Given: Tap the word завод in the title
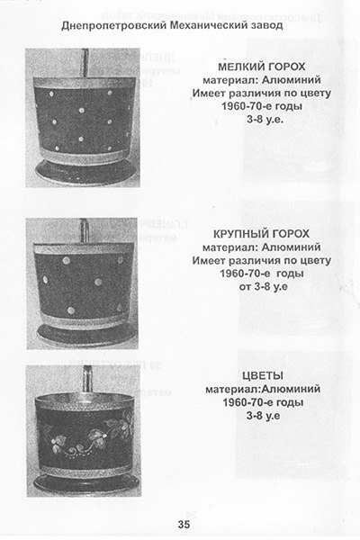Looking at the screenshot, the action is pos(266,25).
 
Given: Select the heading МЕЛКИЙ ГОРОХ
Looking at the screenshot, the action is pos(262,67).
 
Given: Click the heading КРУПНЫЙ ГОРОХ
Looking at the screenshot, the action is pos(262,234).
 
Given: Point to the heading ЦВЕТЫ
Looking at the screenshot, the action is pos(263,375).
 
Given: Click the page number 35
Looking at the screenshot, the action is pos(184,524).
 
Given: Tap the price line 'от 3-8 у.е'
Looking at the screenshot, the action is pos(264,286).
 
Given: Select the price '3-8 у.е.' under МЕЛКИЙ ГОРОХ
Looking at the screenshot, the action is pos(265,120).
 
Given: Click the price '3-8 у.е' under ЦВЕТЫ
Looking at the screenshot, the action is pos(263,416).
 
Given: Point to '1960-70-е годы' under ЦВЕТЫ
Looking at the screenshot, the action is pos(263,402).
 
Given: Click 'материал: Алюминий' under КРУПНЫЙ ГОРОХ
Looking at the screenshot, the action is pos(262,247).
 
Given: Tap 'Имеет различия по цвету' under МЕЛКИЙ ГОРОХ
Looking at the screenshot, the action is pos(262,93).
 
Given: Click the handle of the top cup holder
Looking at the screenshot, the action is pos(85,63).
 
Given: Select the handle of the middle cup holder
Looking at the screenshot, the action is pos(85,230).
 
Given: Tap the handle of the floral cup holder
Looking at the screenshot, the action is pos(86,380).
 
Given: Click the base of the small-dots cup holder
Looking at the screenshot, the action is pos(86,172).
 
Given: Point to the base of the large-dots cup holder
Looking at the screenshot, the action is pos(86,335).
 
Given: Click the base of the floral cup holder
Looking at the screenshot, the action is pos(86,482).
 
